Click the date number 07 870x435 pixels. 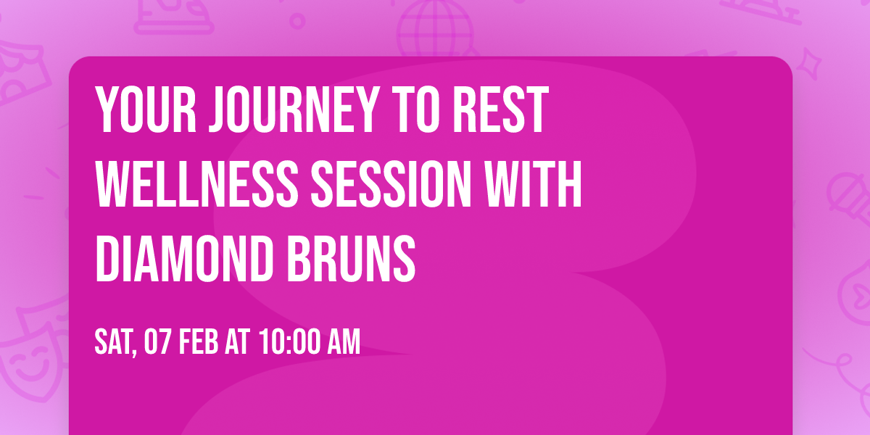157,342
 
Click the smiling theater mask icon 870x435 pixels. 29,352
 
